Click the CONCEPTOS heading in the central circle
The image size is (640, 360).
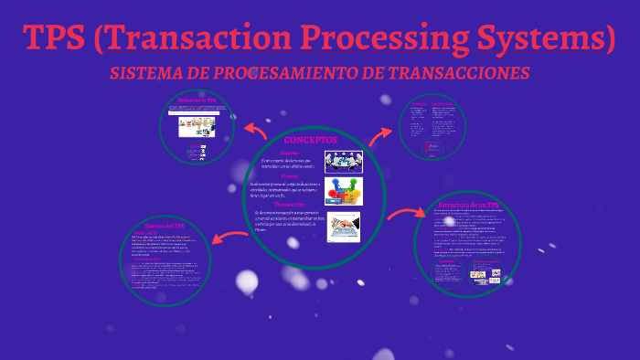[310, 140]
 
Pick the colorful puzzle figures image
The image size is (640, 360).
[344, 191]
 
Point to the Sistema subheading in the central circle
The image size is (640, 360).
[289, 153]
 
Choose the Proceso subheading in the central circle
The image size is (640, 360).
[290, 176]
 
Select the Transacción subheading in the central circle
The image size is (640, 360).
[289, 205]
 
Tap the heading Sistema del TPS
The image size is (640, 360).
[165, 225]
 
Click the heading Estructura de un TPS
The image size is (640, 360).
[468, 206]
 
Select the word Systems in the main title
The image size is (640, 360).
[552, 37]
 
